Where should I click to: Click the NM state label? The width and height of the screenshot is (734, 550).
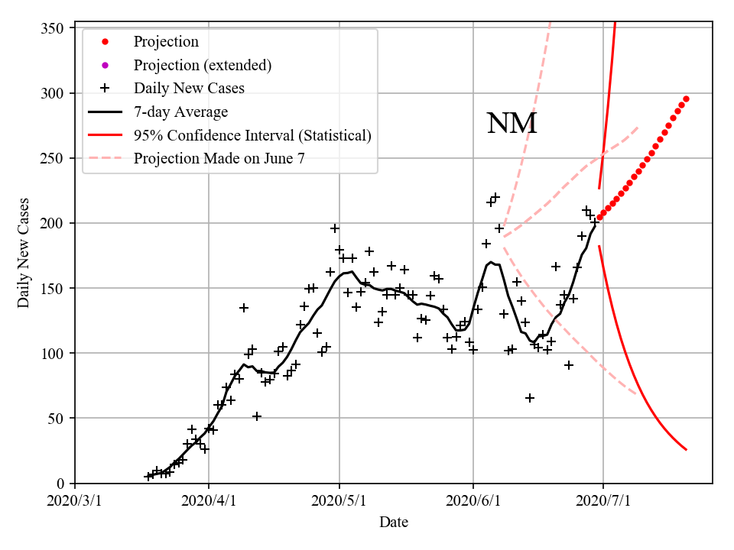(512, 124)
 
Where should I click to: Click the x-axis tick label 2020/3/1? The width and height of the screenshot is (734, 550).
(75, 501)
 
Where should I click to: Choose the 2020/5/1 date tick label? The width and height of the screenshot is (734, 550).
(340, 501)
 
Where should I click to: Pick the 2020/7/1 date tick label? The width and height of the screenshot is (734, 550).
(603, 501)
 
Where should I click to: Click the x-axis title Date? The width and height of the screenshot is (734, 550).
(394, 523)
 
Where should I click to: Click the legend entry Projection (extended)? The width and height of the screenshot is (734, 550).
(202, 65)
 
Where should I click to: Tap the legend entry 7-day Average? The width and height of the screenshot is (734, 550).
(180, 112)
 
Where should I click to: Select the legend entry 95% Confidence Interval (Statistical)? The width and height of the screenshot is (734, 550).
(252, 135)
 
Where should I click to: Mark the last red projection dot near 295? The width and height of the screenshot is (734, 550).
(686, 99)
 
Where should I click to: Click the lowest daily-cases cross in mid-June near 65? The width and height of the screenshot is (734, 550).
(529, 398)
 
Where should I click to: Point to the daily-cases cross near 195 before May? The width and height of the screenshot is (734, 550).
(335, 228)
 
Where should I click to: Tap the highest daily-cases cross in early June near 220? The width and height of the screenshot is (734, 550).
(495, 197)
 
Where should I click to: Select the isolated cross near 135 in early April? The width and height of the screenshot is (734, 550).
(244, 308)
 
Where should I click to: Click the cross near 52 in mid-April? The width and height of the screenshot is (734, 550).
(257, 416)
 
